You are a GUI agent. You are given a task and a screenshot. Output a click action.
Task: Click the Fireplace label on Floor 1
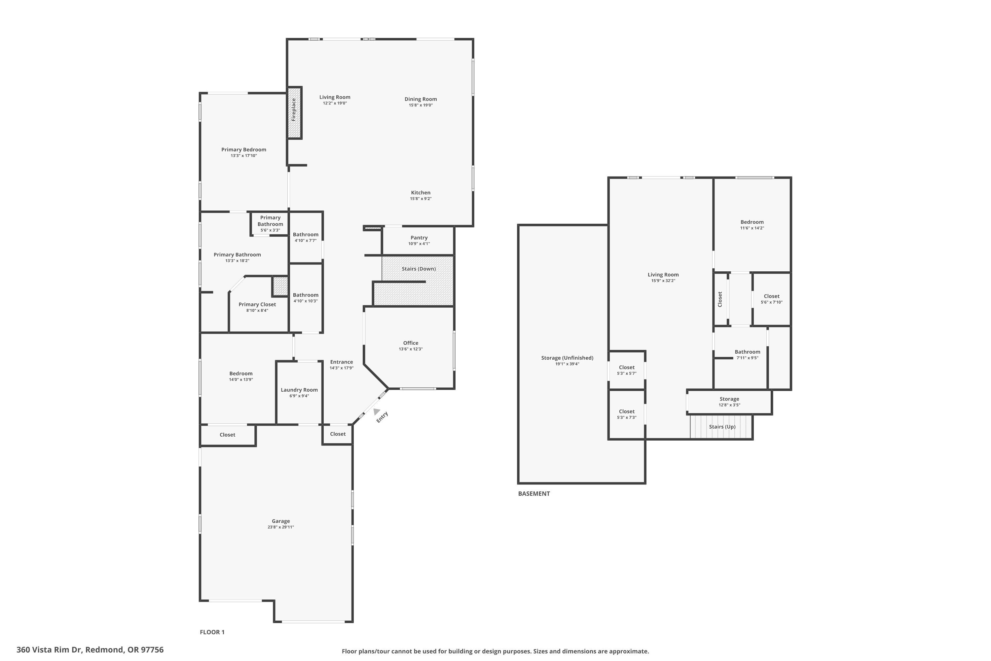(294, 110)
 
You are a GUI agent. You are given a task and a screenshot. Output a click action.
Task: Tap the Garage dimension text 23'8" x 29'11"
(280, 527)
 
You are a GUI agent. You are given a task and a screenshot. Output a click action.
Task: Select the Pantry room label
(419, 238)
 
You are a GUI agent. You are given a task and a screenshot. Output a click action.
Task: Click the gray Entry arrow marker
(377, 411)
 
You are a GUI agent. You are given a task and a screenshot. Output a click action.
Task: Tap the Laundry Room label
(299, 390)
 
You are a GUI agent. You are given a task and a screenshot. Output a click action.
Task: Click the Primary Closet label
(257, 304)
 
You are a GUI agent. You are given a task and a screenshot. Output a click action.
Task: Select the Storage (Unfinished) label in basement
(567, 358)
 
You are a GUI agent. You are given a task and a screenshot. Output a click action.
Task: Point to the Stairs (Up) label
(722, 427)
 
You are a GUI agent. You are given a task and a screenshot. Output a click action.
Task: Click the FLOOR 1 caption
(212, 632)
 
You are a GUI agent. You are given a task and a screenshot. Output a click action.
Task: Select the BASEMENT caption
(534, 494)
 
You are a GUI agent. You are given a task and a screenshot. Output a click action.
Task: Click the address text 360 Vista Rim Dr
(90, 650)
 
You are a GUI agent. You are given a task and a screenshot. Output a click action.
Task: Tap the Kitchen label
(421, 193)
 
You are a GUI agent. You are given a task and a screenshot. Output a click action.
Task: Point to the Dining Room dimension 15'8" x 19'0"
(421, 105)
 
